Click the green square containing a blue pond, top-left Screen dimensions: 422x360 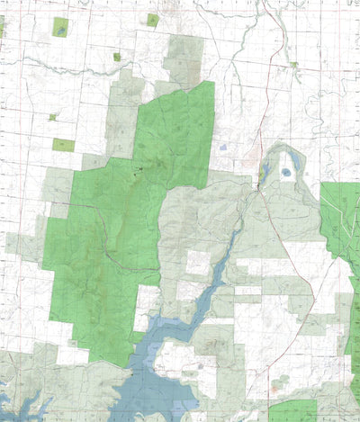point(60,26)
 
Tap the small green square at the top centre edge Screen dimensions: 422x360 point(153,20)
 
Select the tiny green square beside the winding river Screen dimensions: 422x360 point(117,57)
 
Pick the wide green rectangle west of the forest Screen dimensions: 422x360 point(64,144)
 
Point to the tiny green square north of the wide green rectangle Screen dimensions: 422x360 point(53,116)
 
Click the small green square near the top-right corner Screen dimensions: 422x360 point(293,65)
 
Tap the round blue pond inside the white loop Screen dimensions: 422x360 point(286,171)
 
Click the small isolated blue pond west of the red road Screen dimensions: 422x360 point(222,146)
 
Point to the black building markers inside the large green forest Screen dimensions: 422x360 point(139,167)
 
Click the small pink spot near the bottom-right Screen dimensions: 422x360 point(274,391)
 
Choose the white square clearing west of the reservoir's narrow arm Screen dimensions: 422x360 point(197,264)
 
